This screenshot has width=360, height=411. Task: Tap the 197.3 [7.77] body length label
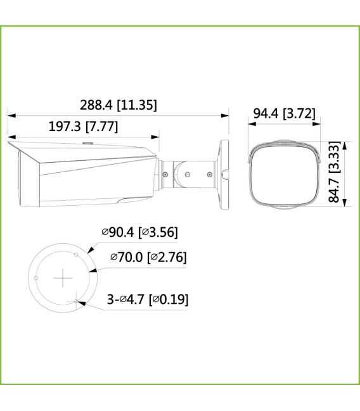[x=83, y=126]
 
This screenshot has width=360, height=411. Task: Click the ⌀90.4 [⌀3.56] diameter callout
[x=139, y=233]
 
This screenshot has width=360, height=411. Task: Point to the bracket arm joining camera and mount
[x=190, y=170]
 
